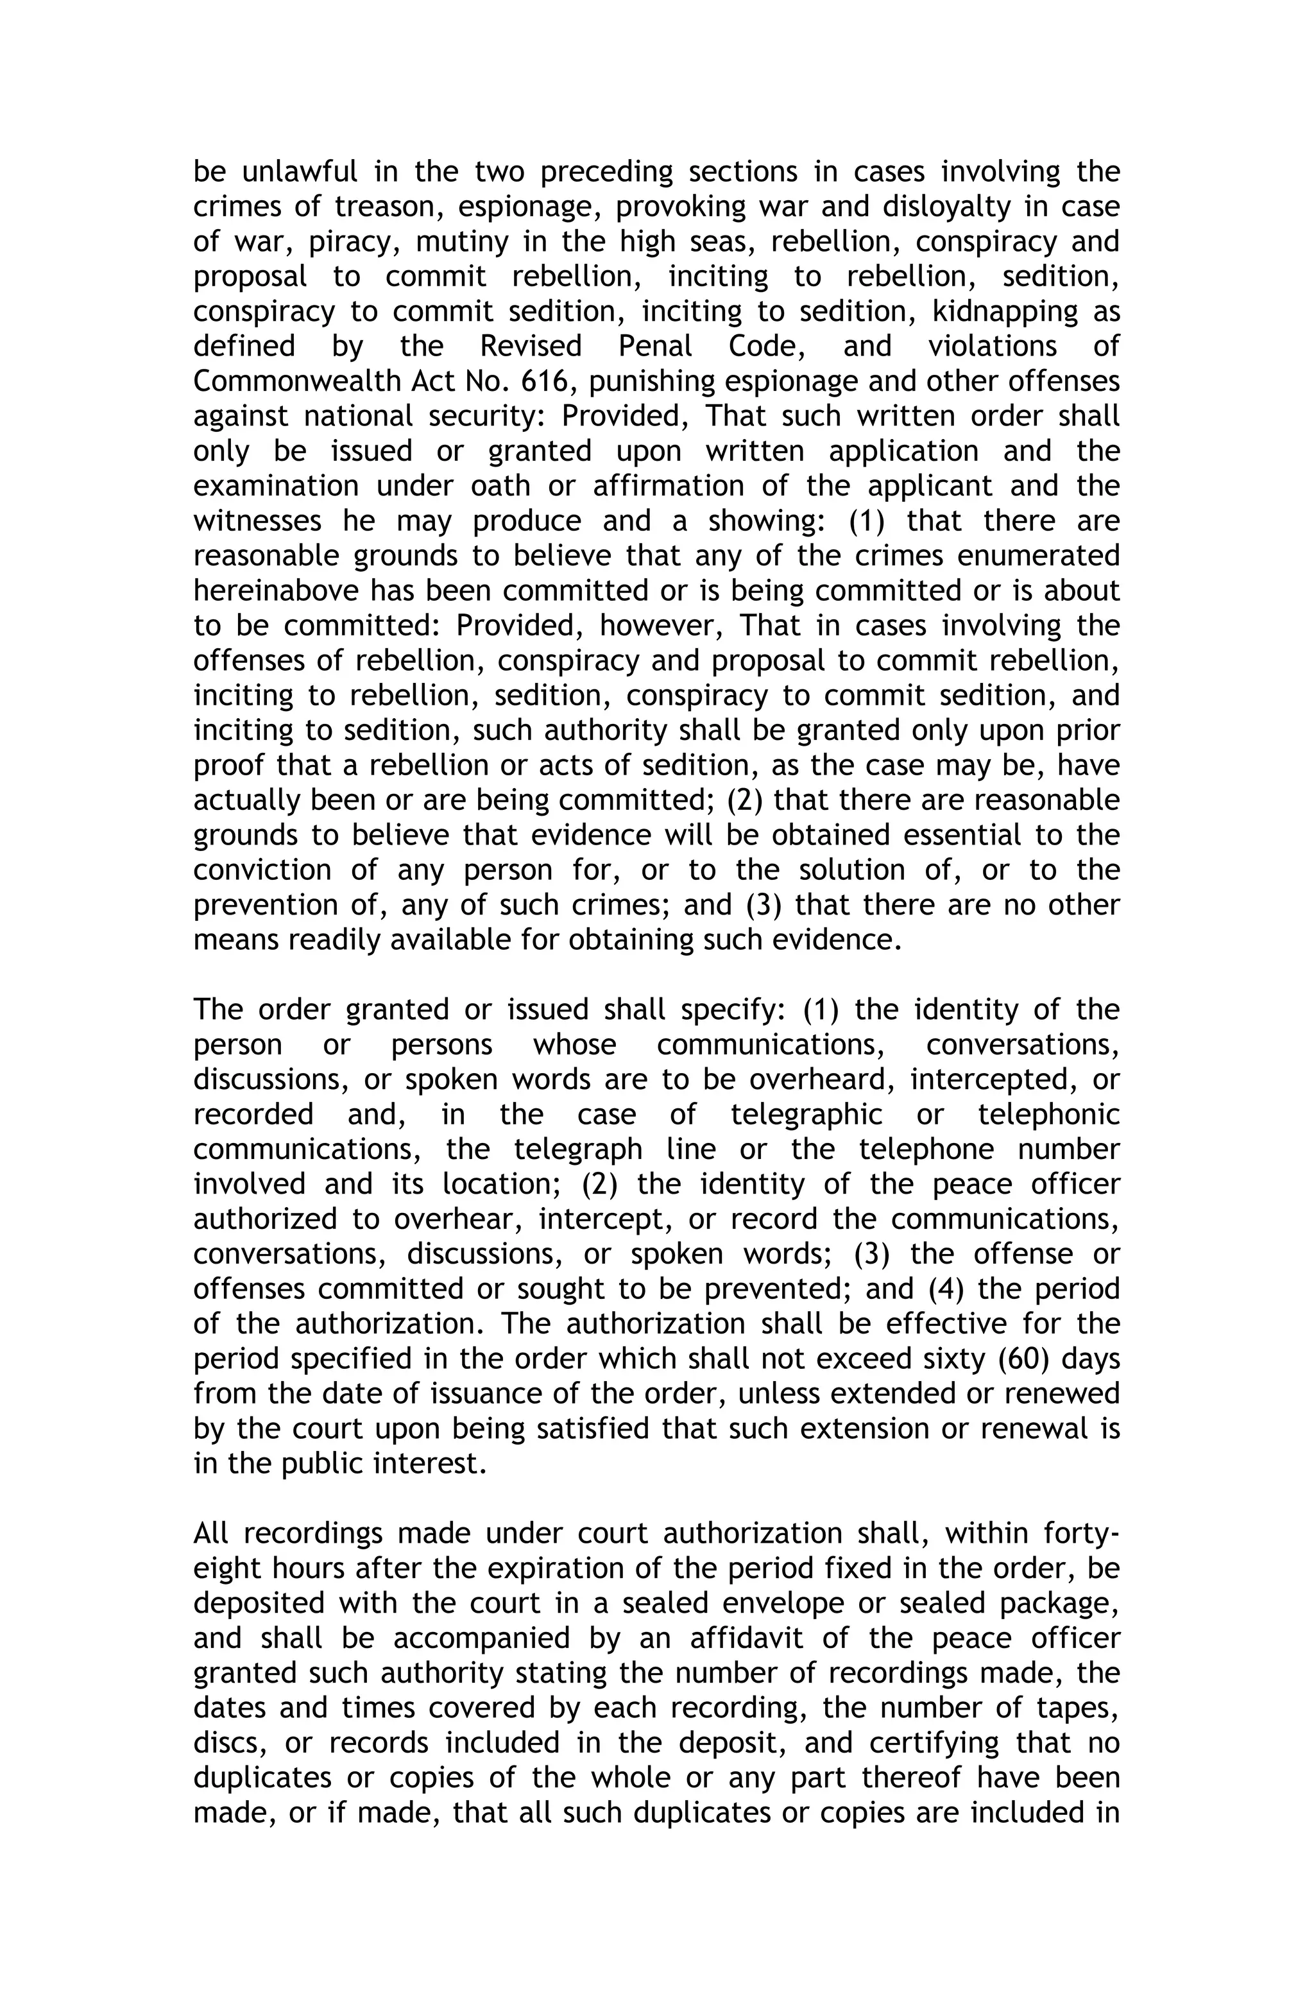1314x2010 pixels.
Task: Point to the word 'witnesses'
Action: coord(257,521)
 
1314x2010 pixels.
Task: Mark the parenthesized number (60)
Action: coord(1023,1359)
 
